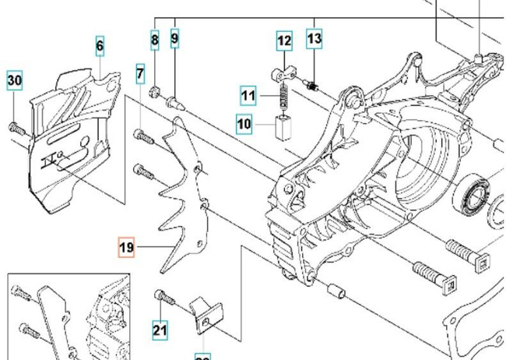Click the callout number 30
coord(15,79)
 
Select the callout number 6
coord(100,46)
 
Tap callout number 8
coord(155,38)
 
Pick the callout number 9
coord(174,37)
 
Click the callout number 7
coord(140,75)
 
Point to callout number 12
coord(284,41)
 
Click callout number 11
coord(248,97)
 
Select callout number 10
coord(244,122)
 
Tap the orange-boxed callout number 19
coord(126,249)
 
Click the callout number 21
coord(160,330)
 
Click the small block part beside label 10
coord(283,125)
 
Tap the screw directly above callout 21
coord(160,297)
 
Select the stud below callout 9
coord(175,98)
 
